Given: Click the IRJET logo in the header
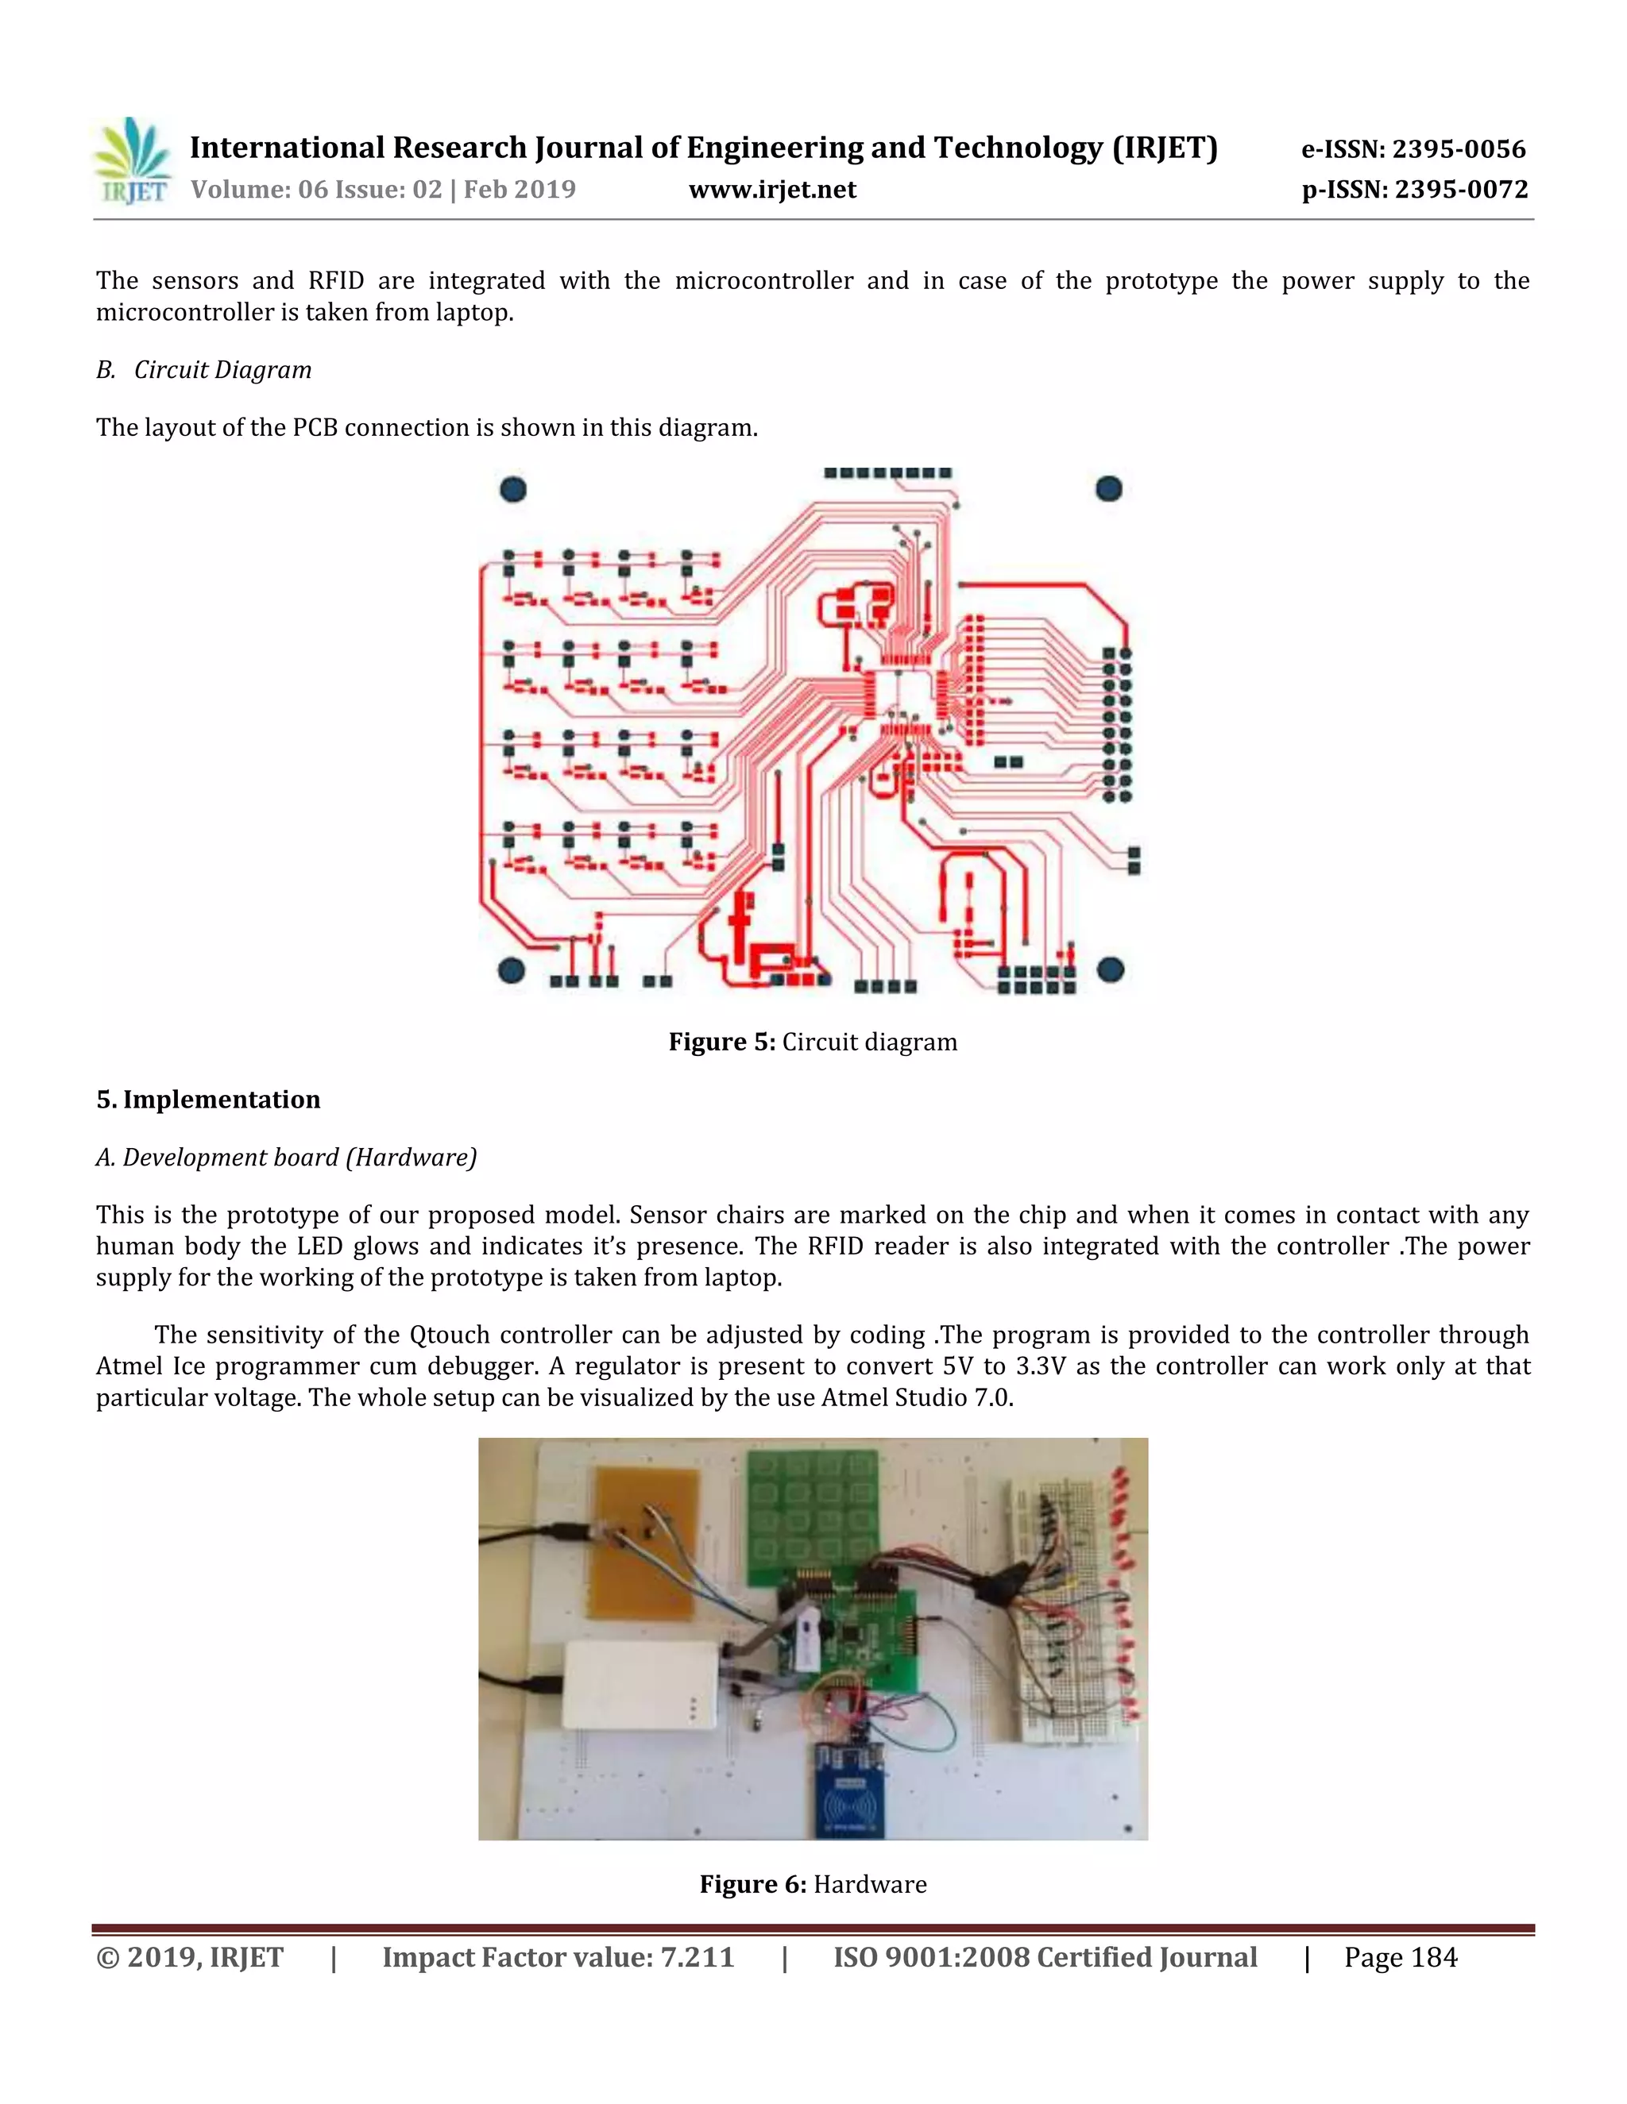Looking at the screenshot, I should tap(133, 162).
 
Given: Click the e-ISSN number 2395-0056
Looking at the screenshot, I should tap(1459, 149).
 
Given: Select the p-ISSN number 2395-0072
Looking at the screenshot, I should tap(1461, 190).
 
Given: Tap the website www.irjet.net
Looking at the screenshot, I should tap(772, 190).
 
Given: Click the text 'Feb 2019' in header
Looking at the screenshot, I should tap(520, 190).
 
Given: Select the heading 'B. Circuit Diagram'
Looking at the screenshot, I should tap(203, 370).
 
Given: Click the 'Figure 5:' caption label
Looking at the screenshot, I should tap(721, 1042).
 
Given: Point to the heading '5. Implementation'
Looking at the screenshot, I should tap(208, 1100).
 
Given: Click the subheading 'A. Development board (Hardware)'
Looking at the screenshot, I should tap(286, 1158).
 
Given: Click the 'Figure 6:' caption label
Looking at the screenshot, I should tap(752, 1884).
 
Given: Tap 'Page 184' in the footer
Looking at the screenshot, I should tap(1401, 1959).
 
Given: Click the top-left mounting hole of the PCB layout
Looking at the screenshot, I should tap(512, 489).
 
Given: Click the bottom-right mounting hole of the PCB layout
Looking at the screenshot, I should tap(1111, 969).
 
